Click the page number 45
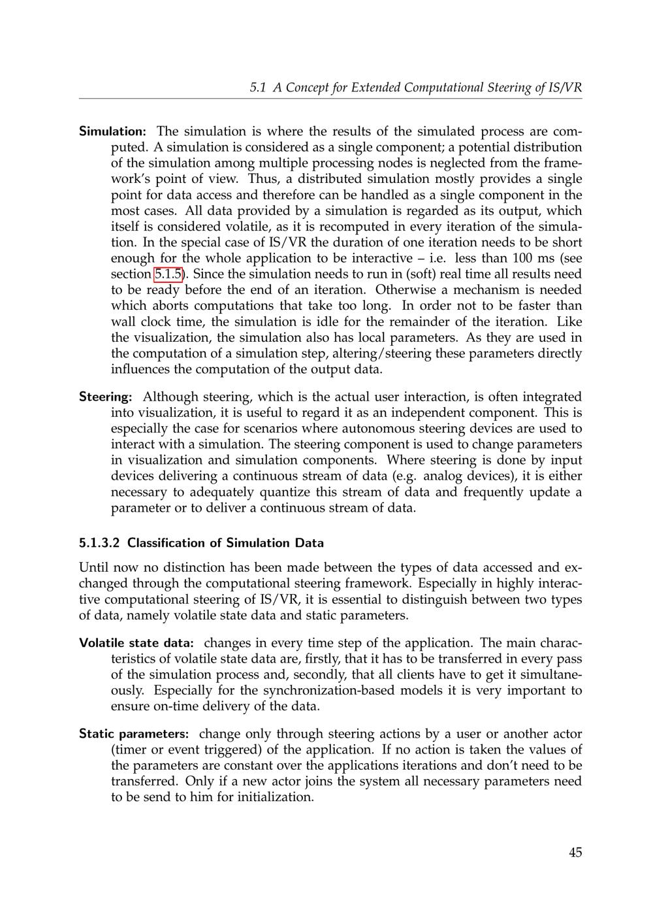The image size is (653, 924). click(x=575, y=852)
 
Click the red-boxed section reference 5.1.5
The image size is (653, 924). click(x=168, y=274)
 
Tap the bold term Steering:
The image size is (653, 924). click(x=105, y=397)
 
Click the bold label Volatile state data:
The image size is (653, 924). click(x=136, y=643)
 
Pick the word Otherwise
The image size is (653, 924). click(x=406, y=290)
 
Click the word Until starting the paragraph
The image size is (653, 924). click(x=94, y=568)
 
